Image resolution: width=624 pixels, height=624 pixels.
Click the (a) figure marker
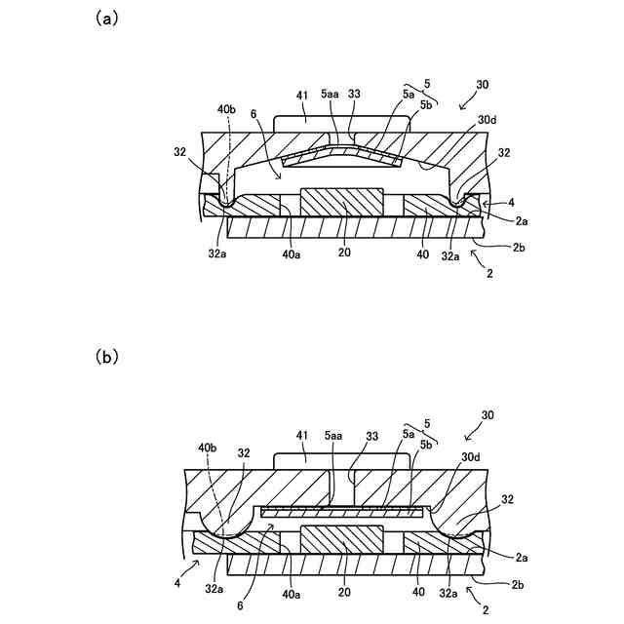[106, 19]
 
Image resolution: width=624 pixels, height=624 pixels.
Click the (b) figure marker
[106, 357]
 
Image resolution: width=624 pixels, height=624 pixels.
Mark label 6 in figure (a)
[254, 115]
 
